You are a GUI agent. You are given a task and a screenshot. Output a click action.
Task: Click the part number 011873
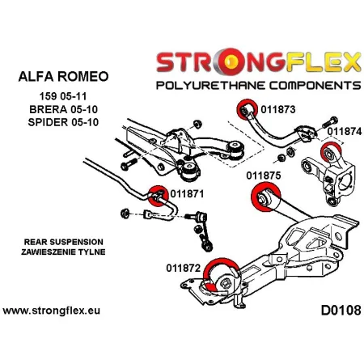coord(279,108)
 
